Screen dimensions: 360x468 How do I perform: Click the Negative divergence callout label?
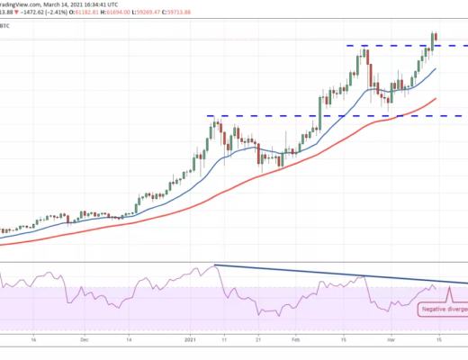click(443, 309)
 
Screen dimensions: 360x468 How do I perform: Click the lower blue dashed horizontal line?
click(270, 115)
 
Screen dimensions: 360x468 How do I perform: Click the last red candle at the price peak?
click(436, 38)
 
